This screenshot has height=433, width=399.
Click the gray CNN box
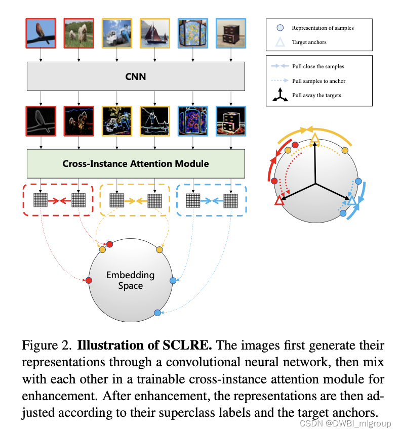(135, 77)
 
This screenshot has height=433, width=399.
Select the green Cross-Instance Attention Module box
(135, 163)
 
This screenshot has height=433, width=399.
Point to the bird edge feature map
(41, 121)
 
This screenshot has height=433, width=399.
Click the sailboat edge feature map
(154, 121)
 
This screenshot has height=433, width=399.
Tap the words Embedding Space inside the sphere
(130, 280)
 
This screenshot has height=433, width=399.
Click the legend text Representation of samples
(323, 28)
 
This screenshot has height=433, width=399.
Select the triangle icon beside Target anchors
(280, 42)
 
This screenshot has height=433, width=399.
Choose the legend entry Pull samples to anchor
(318, 81)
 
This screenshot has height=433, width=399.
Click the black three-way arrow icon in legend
(280, 95)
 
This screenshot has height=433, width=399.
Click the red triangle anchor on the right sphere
(278, 201)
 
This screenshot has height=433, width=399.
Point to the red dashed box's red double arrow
(59, 201)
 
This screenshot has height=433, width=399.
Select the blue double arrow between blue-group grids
(212, 201)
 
